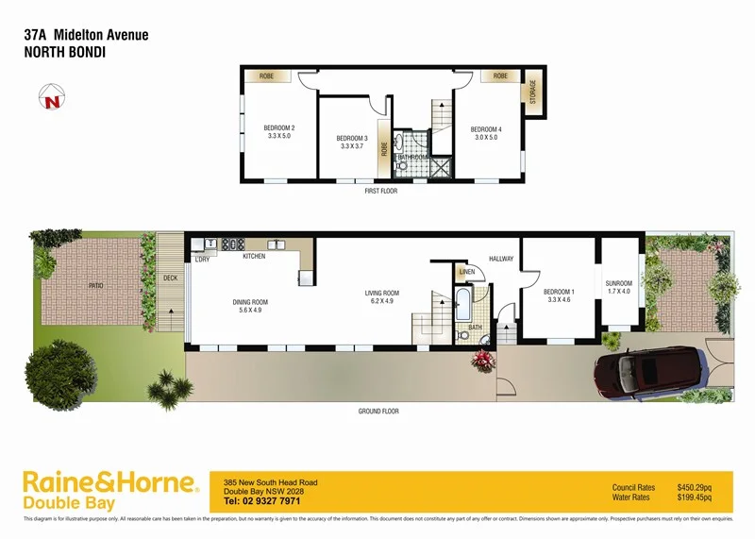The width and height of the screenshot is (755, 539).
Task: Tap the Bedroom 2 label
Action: pos(279,132)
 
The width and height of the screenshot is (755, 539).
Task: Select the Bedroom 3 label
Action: pos(352,143)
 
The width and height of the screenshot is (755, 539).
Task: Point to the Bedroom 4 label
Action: pos(486,133)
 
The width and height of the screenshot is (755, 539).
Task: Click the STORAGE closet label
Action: pos(532,92)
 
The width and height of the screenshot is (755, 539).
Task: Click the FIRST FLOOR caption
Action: pos(381,191)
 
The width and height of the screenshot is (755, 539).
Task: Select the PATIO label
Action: pos(96,284)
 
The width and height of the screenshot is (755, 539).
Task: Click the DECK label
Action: pos(170,278)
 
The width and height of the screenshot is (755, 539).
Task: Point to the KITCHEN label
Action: pos(255,257)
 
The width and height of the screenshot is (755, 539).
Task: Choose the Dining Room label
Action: pos(251,307)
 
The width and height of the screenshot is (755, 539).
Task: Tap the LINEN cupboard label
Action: pos(466,272)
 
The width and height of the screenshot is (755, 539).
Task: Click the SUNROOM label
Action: pos(619,287)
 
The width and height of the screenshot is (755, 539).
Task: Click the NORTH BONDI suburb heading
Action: pos(63,53)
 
